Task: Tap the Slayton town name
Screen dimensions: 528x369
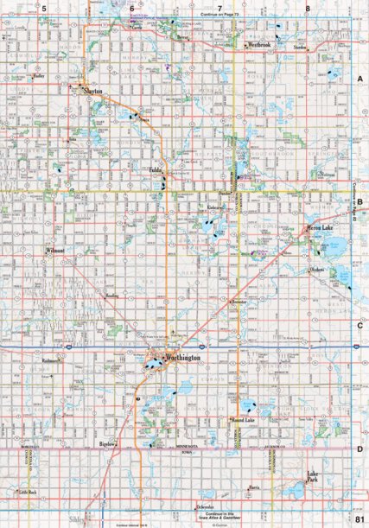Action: [92, 89]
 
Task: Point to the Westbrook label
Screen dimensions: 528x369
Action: [258, 44]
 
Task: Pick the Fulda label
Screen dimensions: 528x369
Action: [156, 170]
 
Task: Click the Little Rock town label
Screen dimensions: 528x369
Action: [29, 492]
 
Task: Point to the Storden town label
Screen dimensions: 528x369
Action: [301, 48]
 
